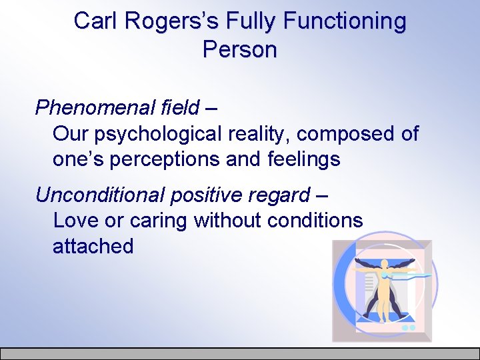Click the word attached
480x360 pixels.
point(93,246)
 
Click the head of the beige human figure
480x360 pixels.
point(385,262)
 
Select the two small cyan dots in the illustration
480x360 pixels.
point(409,328)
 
